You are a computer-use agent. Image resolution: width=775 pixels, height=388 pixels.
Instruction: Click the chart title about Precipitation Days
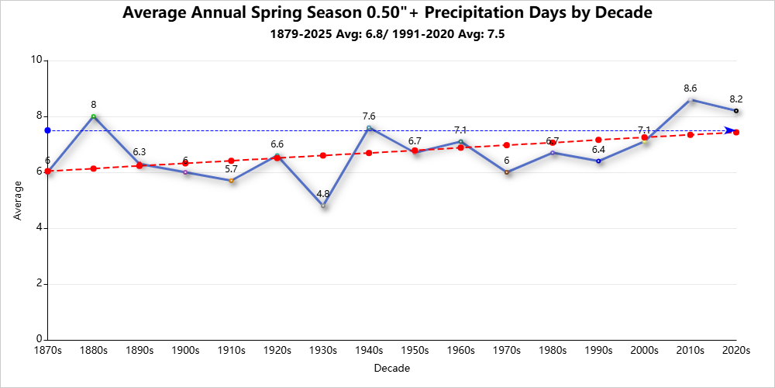point(387,13)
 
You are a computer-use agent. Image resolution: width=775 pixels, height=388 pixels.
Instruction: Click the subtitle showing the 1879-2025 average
point(387,35)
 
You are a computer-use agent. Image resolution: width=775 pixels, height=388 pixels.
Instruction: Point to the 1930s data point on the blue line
point(324,206)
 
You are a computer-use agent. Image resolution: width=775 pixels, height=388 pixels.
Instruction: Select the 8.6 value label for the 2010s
point(691,88)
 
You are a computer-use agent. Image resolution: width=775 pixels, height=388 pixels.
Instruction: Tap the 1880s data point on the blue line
point(94,116)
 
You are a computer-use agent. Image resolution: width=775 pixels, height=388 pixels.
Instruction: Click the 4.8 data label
point(324,194)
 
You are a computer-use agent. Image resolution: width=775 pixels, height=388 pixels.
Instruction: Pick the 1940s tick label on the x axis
point(369,351)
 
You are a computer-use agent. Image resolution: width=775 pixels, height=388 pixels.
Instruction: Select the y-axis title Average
point(19,200)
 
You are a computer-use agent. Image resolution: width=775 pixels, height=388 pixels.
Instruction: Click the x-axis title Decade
point(391,368)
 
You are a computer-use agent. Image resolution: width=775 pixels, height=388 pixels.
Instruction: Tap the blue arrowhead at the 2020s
point(729,130)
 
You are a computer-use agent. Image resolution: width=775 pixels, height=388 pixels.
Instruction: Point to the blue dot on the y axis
point(47,130)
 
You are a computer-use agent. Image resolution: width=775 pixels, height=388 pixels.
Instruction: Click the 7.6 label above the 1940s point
point(369,116)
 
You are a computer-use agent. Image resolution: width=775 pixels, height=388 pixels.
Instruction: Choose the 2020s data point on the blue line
point(736,111)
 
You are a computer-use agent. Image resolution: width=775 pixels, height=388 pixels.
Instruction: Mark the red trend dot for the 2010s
point(691,135)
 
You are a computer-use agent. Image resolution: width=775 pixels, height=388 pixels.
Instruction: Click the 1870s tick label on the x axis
point(48,351)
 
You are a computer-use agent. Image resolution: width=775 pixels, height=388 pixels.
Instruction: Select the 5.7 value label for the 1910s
point(232,169)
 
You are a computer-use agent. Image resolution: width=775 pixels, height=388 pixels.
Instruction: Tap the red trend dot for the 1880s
point(94,168)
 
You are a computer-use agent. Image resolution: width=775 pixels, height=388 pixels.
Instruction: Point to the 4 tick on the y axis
point(40,228)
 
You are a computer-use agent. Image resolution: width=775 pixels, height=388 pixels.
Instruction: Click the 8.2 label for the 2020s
point(736,99)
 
